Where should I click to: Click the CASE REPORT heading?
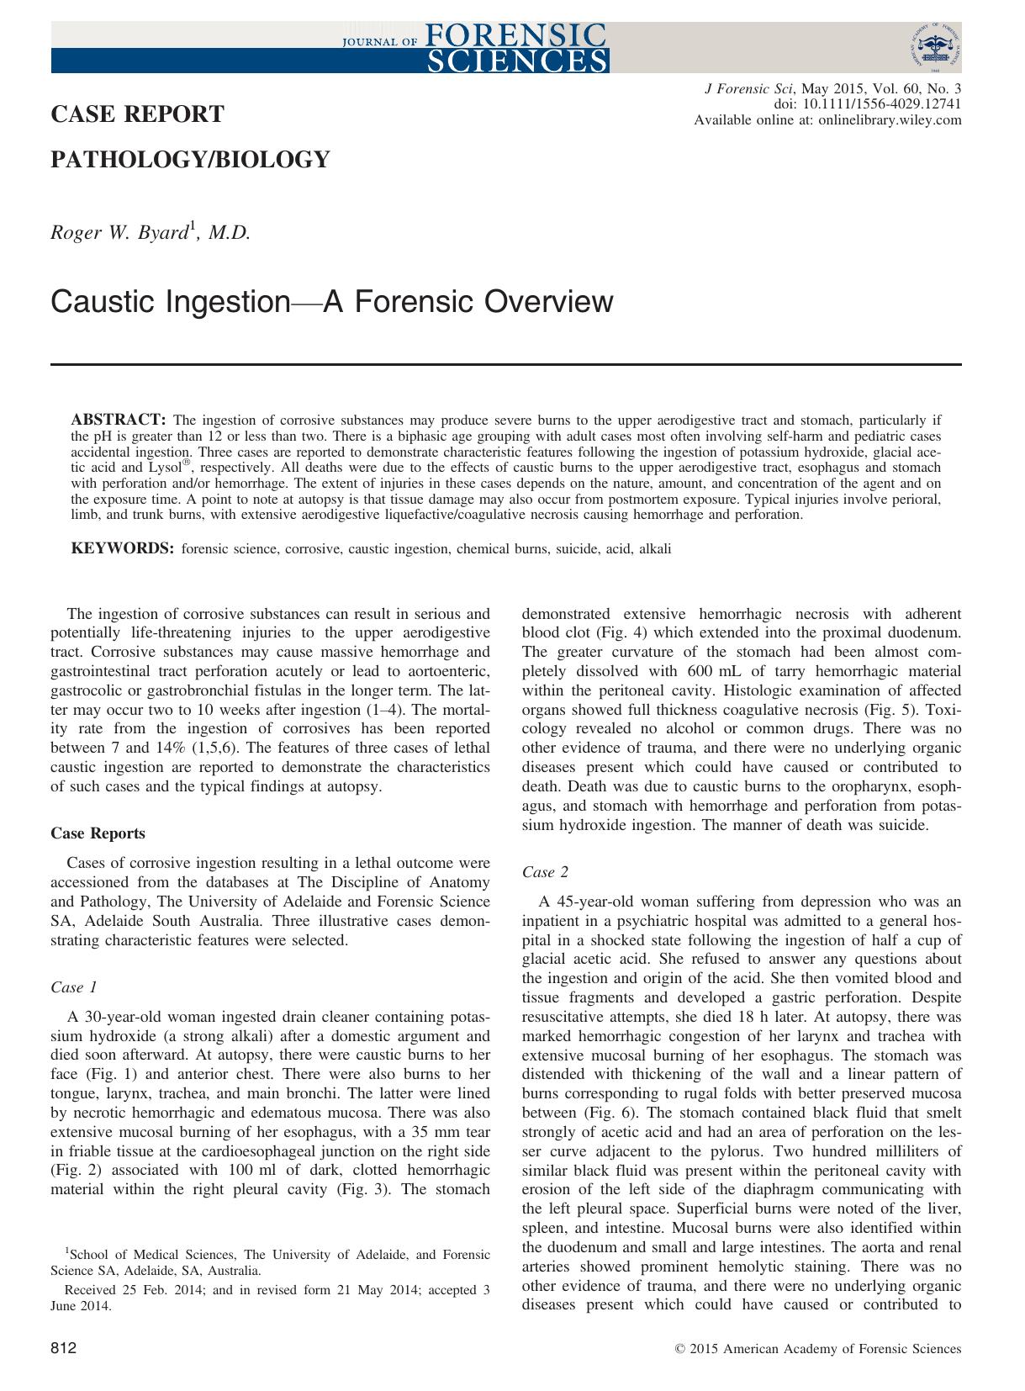pyautogui.click(x=138, y=114)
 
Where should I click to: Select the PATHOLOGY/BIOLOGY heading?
pyautogui.click(x=191, y=159)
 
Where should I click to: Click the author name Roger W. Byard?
pyautogui.click(x=151, y=233)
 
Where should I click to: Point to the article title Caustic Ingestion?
pyautogui.click(x=332, y=301)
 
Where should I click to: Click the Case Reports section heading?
pyautogui.click(x=98, y=833)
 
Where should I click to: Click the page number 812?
pyautogui.click(x=64, y=1349)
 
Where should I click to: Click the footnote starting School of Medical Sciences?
pyautogui.click(x=270, y=1255)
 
